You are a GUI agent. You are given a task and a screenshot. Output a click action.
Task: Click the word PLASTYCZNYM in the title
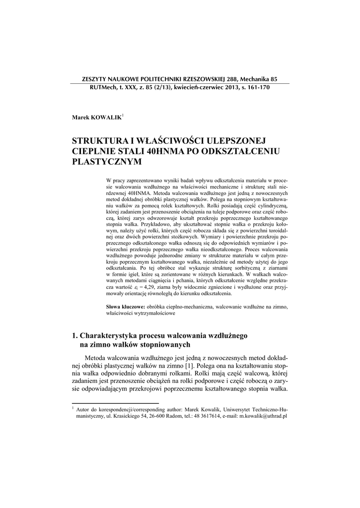tap(107, 161)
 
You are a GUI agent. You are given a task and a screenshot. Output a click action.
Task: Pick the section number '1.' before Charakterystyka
tap(75, 335)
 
